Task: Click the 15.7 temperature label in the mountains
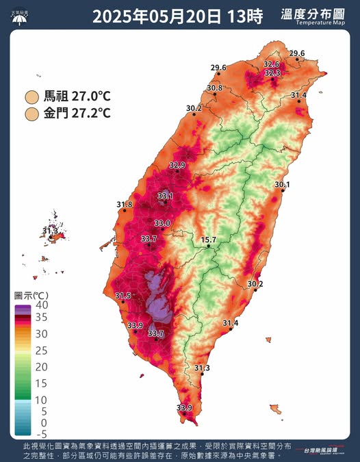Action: [x=209, y=240]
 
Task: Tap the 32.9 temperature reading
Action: [x=177, y=165]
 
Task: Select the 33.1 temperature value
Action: [x=165, y=196]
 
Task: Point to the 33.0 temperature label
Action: [x=162, y=223]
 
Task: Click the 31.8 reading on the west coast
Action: [x=125, y=204]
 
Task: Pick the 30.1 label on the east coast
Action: [x=283, y=185]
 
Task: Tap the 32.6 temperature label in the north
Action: [x=272, y=64]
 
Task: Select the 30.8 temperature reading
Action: [x=214, y=88]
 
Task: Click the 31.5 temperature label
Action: [x=123, y=296]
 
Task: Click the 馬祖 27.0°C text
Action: [x=77, y=97]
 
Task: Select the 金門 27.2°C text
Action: [x=77, y=112]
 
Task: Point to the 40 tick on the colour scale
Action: [x=40, y=305]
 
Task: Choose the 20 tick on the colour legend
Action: [x=40, y=367]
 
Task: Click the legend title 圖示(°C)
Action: [x=31, y=295]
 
